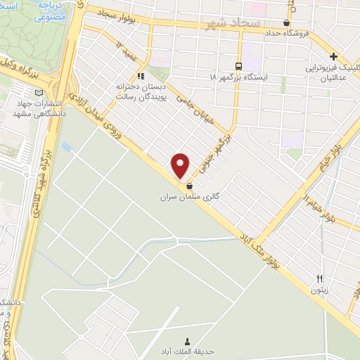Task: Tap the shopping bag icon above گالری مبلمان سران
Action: pos(190,186)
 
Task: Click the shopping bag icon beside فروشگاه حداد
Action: pos(286,22)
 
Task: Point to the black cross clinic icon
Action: pos(334,56)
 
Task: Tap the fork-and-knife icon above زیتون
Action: pos(320,278)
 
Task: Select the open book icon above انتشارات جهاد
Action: pos(39,93)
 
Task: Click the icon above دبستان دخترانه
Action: pos(141,75)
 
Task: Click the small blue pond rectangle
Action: pos(67,148)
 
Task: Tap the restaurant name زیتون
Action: pos(319,289)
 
